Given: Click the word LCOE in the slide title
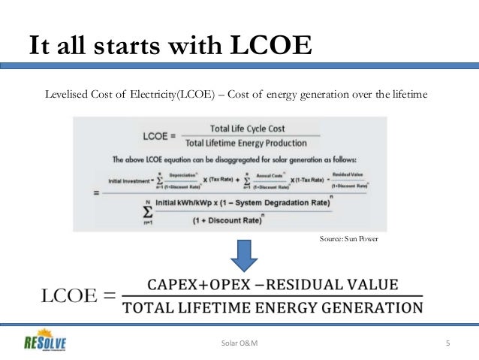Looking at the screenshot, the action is tap(270, 46).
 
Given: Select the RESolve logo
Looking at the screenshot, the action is tap(44, 342).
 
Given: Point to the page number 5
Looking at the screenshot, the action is tap(447, 343).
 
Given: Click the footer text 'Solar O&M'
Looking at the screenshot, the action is tap(239, 343).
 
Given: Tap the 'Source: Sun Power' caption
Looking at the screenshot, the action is tap(349, 238).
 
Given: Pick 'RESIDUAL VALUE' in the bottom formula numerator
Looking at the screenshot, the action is tap(345, 286).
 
